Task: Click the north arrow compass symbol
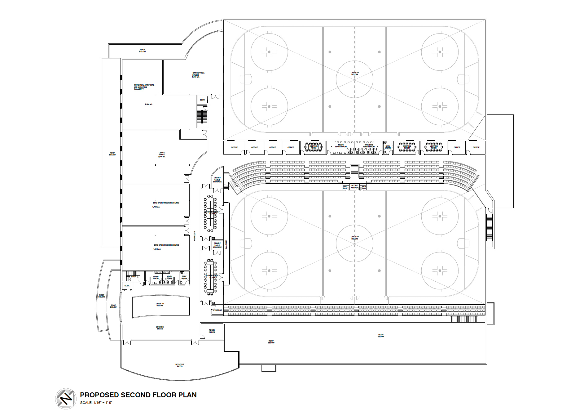tap(66, 399)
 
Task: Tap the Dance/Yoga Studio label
tap(198, 75)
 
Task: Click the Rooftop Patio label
tap(180, 365)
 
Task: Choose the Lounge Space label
tap(160, 328)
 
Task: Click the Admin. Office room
tap(212, 331)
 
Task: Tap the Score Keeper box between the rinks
tap(354, 186)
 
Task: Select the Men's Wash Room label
tap(341, 146)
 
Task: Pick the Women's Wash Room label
tap(369, 146)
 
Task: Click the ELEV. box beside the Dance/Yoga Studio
tap(202, 100)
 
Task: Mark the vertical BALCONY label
tap(226, 244)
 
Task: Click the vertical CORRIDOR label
tap(195, 236)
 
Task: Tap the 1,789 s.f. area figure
tap(156, 207)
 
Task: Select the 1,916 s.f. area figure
tap(157, 249)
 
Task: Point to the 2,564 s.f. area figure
tap(148, 104)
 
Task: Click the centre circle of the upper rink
tap(354, 79)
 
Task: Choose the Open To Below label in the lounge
tap(160, 305)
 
